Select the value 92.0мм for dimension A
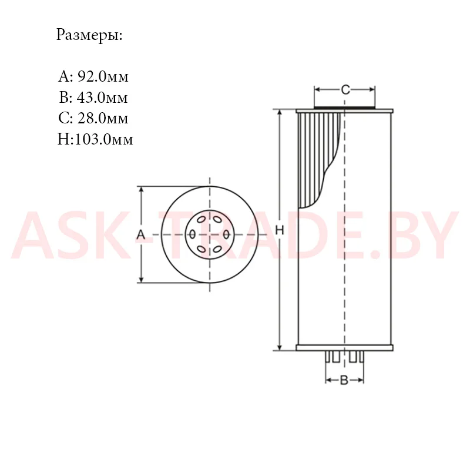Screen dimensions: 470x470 pyautogui.click(x=103, y=77)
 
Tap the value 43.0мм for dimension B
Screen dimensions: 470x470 pyautogui.click(x=102, y=98)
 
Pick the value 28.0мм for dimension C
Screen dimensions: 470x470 pyautogui.click(x=103, y=119)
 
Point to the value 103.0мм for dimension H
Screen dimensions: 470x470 pyautogui.click(x=104, y=139)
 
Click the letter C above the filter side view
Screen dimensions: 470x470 pyautogui.click(x=345, y=90)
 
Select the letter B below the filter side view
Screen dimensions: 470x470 pyautogui.click(x=344, y=380)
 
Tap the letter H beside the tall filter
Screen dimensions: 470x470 pyautogui.click(x=280, y=230)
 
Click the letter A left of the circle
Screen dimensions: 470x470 pyautogui.click(x=140, y=234)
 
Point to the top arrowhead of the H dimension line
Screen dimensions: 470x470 pyautogui.click(x=280, y=113)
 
